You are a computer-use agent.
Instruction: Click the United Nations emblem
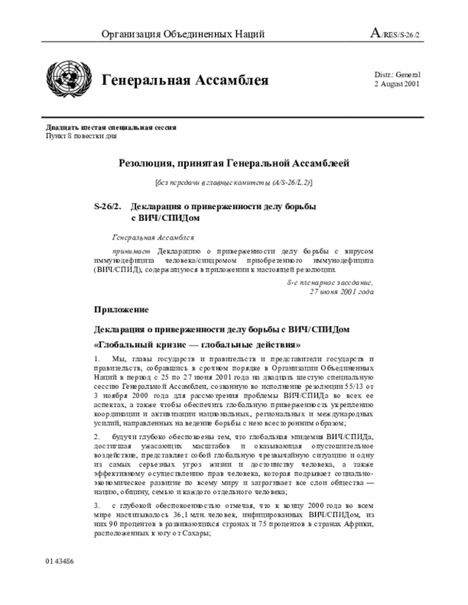click(66, 79)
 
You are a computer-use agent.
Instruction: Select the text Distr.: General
click(397, 75)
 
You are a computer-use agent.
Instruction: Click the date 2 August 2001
click(396, 85)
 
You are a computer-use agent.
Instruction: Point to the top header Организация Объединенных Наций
click(183, 34)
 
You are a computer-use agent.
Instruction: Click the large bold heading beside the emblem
click(184, 80)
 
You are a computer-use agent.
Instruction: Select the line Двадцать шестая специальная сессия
click(110, 127)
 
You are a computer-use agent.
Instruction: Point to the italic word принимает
click(128, 250)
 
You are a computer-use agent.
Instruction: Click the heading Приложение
click(121, 310)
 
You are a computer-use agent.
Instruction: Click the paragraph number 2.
click(97, 437)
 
